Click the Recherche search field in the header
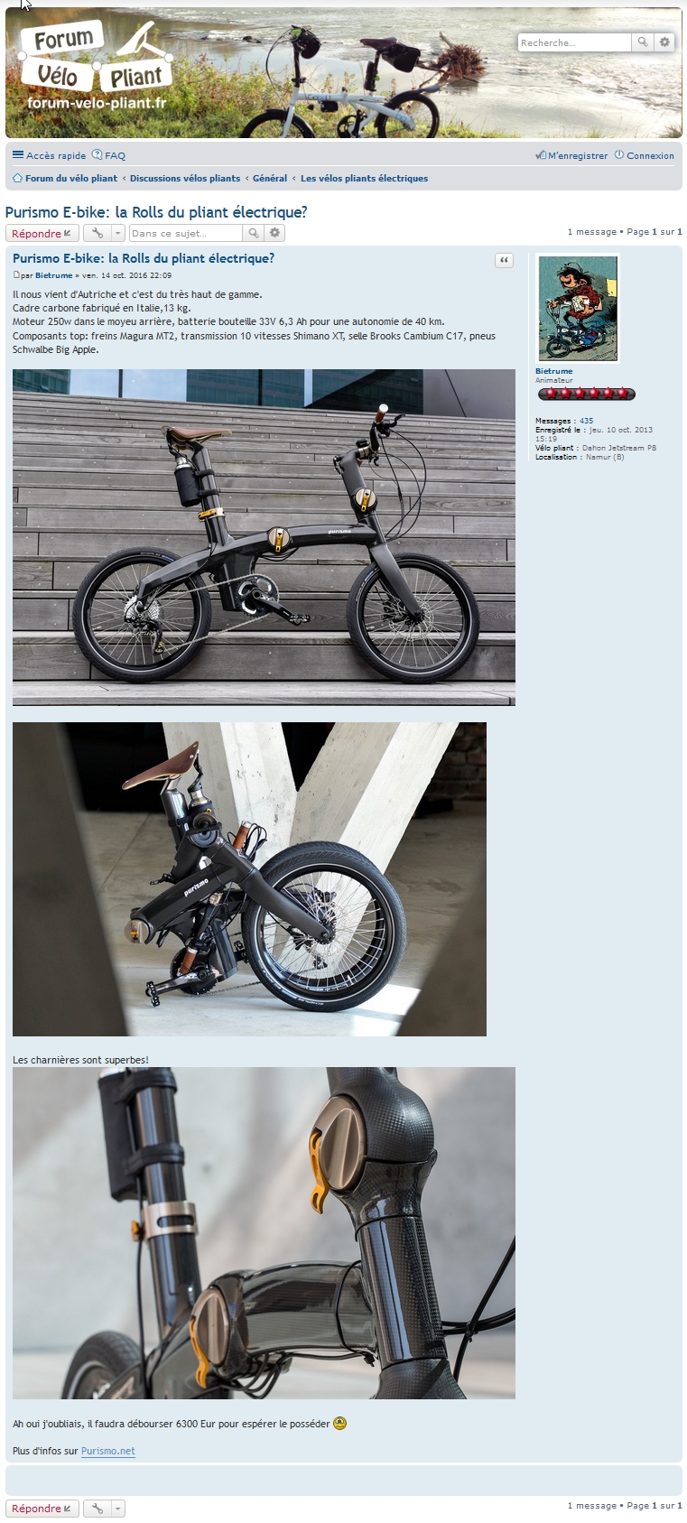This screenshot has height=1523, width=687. coord(574,42)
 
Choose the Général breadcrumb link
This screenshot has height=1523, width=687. coord(270,179)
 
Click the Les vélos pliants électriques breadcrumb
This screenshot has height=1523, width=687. coord(364,179)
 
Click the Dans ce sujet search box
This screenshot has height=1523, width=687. coord(185,233)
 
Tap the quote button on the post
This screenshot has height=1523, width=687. coord(504,260)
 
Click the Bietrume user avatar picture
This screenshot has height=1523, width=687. coord(578,308)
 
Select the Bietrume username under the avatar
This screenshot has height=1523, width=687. coord(553,371)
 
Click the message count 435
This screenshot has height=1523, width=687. coord(586,421)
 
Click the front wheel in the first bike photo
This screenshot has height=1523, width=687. coord(413,619)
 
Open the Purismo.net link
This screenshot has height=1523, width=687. coord(107,1451)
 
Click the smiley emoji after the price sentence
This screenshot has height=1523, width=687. coord(340,1424)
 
